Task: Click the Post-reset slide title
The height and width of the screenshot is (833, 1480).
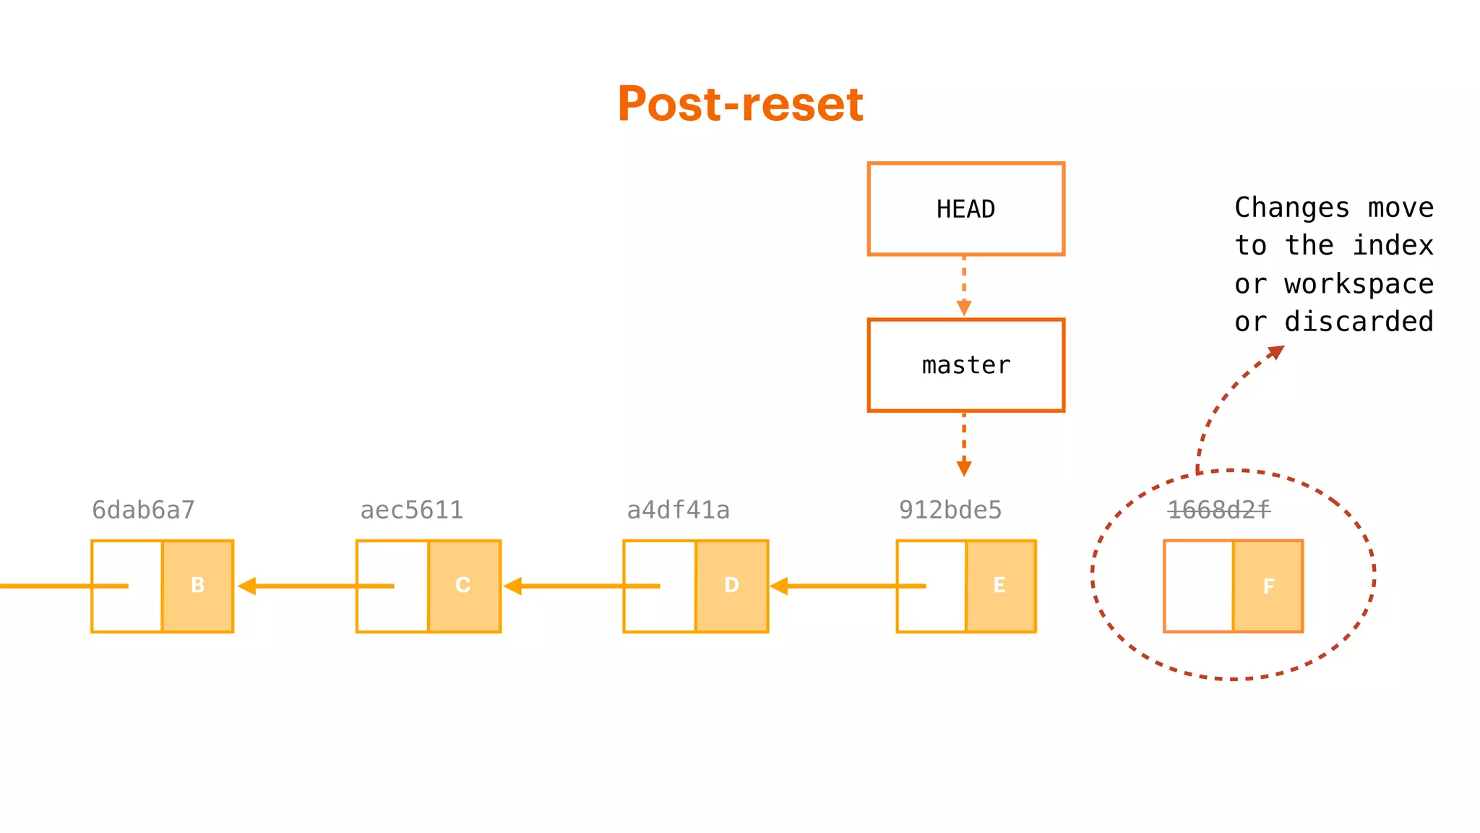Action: pos(740,103)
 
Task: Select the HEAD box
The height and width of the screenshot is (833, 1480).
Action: pos(965,209)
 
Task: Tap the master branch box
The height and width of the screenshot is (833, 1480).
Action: pos(965,365)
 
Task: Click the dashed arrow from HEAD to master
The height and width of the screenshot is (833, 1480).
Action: pos(964,286)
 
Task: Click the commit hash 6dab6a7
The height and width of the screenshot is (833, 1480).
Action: pos(143,511)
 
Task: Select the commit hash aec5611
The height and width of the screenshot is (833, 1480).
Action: pos(411,511)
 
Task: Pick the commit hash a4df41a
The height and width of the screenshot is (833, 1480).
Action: pos(678,511)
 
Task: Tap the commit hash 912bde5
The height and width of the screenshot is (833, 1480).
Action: pos(950,511)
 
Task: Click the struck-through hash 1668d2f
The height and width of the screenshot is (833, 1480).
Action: pos(1218,511)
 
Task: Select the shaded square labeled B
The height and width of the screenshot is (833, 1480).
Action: pos(197,586)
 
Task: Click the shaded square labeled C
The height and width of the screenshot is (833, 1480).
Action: pos(463,586)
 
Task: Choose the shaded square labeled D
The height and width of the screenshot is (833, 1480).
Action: pos(731,586)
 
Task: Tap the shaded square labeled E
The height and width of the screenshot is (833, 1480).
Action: pos(999,586)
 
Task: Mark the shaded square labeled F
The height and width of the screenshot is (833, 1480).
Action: pos(1268,586)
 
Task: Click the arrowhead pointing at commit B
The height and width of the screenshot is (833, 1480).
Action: pos(246,586)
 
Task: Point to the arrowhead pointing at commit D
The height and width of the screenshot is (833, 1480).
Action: pos(778,586)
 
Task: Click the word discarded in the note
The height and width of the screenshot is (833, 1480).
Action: pos(1359,322)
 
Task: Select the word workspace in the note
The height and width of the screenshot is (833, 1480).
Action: pos(1359,284)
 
